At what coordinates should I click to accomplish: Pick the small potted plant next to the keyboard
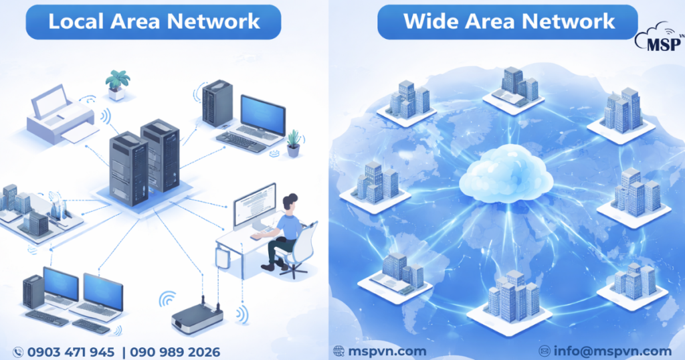293,143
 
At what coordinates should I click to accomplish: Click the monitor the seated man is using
254,204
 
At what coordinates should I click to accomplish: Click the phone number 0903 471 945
70,351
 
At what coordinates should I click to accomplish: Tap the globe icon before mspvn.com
338,351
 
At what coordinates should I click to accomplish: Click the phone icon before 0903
18,351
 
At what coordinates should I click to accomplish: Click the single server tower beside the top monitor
217,104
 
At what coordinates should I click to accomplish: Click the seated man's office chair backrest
304,244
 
